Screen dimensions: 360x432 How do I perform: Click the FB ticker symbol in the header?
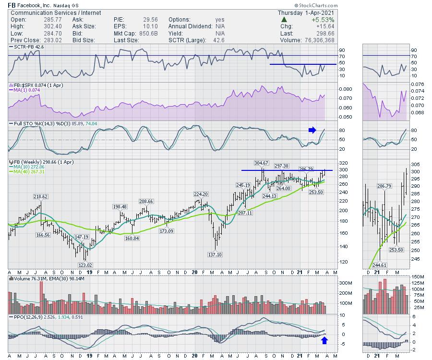click(12, 5)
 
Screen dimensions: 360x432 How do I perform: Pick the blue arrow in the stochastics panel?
click(312, 130)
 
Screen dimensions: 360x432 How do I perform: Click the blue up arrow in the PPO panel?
click(324, 341)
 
